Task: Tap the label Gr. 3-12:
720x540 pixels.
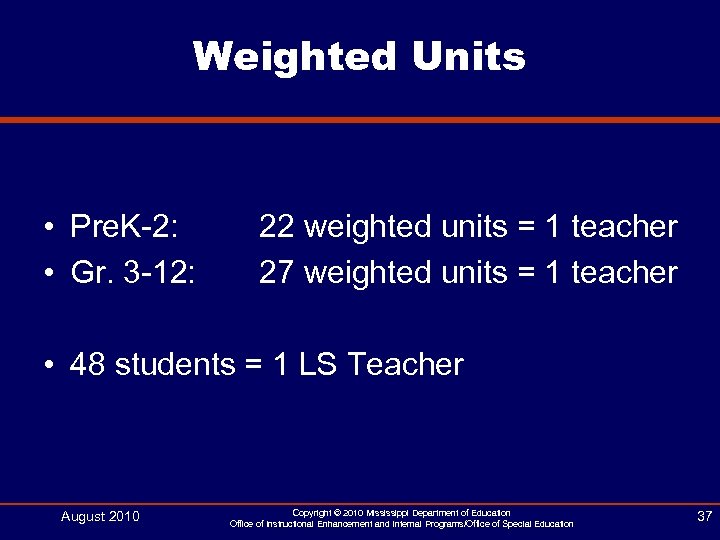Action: pos(133,272)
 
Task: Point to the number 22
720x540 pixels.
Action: pos(277,227)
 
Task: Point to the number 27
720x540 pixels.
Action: pos(277,272)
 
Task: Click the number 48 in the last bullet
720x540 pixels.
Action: pos(88,365)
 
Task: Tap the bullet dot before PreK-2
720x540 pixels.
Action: pos(48,228)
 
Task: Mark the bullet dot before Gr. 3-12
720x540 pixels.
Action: pos(48,273)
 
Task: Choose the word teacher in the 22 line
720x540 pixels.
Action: pos(625,227)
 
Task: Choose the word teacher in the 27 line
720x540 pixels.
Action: pos(625,272)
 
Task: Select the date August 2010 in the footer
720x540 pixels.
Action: pos(100,517)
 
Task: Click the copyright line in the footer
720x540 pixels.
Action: pos(401,513)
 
